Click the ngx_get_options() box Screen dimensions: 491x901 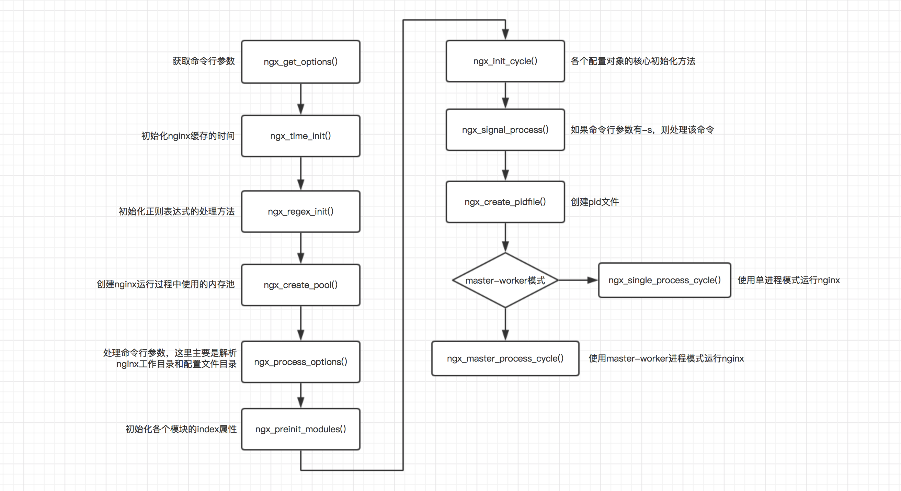(300, 61)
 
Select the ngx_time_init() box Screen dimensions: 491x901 (300, 136)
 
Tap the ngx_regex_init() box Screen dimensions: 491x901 (300, 211)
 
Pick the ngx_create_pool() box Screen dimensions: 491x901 (300, 285)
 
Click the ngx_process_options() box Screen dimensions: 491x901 (300, 362)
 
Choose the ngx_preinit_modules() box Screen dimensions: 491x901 (300, 429)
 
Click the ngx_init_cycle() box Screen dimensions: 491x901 (505, 61)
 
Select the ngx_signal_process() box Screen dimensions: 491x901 (505, 130)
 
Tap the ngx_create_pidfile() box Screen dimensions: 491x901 (505, 202)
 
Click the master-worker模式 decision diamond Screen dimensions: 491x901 (505, 280)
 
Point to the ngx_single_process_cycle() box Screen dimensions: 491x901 (664, 280)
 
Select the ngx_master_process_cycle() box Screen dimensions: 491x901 (505, 358)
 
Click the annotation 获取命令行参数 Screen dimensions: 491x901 (203, 61)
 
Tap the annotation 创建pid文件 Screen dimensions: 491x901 (594, 202)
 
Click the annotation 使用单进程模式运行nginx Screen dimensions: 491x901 (788, 280)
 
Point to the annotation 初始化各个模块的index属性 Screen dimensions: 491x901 (181, 429)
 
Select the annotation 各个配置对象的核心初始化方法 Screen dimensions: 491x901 (633, 61)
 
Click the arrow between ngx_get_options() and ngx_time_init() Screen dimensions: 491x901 (300, 99)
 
